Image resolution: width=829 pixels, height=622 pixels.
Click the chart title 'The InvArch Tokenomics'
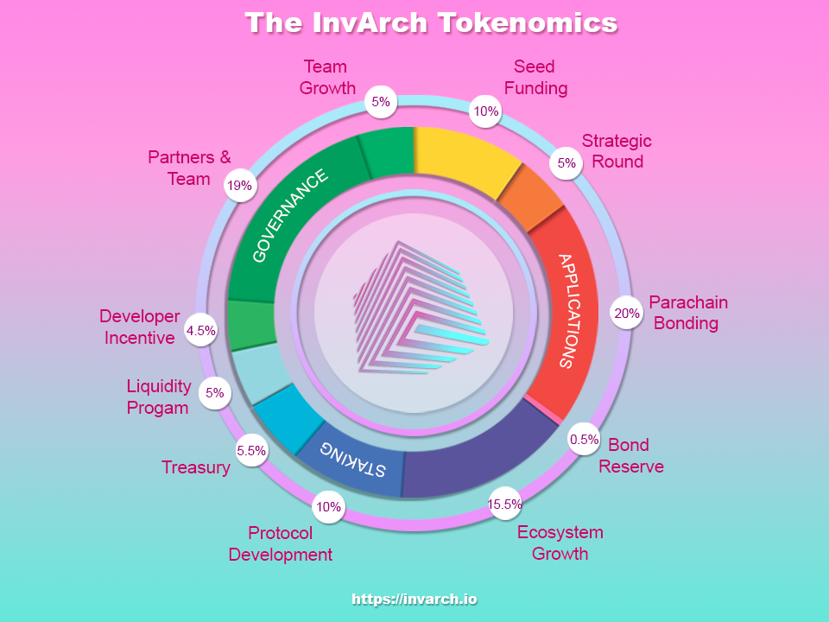431,22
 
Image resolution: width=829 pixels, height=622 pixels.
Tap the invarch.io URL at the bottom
414,599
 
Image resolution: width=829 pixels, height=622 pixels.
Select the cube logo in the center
421,308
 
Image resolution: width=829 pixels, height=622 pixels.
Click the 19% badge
240,186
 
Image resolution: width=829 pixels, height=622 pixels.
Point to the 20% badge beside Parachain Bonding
627,313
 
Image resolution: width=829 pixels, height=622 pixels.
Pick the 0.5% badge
584,440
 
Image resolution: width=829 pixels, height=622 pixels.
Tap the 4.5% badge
201,331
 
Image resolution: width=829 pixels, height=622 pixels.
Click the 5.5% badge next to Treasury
251,451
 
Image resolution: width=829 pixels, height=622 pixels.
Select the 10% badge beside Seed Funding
486,111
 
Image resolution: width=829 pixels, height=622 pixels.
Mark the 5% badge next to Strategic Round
566,163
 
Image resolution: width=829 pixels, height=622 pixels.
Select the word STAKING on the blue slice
352,459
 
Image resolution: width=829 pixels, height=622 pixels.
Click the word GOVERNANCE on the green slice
290,216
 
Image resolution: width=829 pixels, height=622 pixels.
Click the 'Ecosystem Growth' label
560,543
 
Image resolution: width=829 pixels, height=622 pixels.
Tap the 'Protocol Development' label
280,543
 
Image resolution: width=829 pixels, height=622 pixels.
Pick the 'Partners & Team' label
189,168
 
